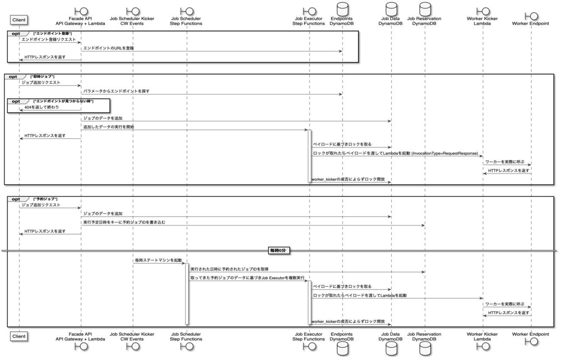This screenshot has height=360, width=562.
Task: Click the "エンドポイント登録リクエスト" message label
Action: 48,39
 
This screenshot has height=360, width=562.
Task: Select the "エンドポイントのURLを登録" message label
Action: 109,48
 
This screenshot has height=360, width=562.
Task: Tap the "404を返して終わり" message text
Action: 42,107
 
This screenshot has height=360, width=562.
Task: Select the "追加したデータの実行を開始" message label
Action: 108,127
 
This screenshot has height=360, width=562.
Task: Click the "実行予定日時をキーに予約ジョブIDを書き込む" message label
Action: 125,222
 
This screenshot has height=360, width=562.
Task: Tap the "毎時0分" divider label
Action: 279,250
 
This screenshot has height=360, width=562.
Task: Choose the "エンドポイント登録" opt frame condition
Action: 52,33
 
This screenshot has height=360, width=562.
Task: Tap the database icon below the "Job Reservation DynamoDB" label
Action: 425,350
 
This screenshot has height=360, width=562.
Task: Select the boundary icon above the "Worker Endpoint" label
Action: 530,10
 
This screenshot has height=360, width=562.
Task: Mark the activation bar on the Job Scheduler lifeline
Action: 187,294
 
